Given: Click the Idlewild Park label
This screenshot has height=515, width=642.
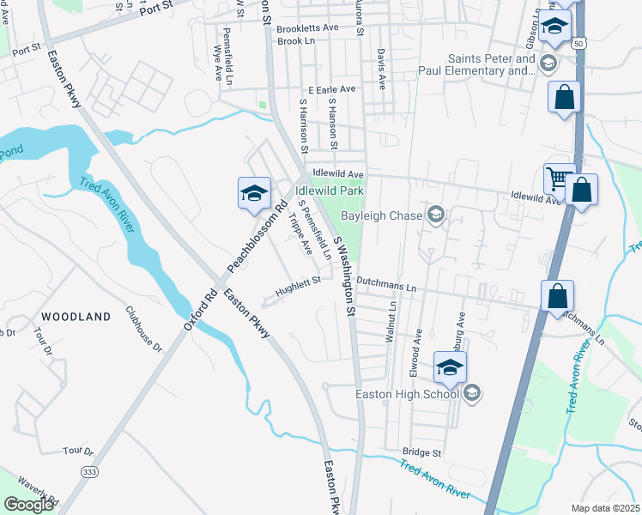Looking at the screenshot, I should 330,191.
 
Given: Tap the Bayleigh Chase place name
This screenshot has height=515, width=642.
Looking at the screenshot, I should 384,215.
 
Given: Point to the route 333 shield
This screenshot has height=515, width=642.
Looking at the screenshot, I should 88,472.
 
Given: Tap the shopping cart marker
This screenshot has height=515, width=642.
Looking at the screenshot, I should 558,179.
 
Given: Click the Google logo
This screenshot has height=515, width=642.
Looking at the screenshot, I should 28,505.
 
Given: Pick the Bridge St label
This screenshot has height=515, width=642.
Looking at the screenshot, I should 421,452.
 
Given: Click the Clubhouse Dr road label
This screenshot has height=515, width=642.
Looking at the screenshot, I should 143,330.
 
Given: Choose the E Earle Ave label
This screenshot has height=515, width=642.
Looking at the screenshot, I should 331,89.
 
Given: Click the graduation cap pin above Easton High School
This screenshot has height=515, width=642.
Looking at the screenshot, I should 450,367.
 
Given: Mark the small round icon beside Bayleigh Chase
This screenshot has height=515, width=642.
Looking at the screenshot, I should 435,215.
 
